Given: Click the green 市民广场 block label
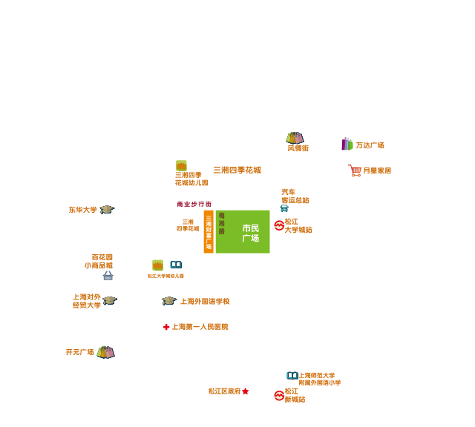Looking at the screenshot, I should click(x=250, y=233).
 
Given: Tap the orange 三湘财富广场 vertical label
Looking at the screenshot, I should click(x=209, y=231).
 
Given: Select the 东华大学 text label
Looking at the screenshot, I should click(x=83, y=210).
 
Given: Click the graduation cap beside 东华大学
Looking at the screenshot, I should click(x=107, y=210).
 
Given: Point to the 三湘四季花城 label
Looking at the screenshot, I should click(x=237, y=170).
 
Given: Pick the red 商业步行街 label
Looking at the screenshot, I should click(x=194, y=204).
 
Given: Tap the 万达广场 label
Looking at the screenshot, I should click(x=370, y=145).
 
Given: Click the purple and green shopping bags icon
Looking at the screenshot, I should click(x=347, y=144).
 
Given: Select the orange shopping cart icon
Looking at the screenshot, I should click(x=355, y=171).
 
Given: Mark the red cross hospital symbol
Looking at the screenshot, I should click(x=166, y=327).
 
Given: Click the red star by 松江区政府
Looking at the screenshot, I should click(x=245, y=391).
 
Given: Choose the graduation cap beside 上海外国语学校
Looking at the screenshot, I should click(x=168, y=301).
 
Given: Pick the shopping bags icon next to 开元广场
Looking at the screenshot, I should click(x=105, y=352).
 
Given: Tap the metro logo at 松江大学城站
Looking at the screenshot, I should click(x=279, y=225).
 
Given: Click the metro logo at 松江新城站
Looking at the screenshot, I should click(x=279, y=395).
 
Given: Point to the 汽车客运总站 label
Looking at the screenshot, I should click(x=294, y=196).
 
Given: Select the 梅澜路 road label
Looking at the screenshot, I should click(x=221, y=223).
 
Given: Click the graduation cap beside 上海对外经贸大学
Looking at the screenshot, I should click(x=110, y=300).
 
